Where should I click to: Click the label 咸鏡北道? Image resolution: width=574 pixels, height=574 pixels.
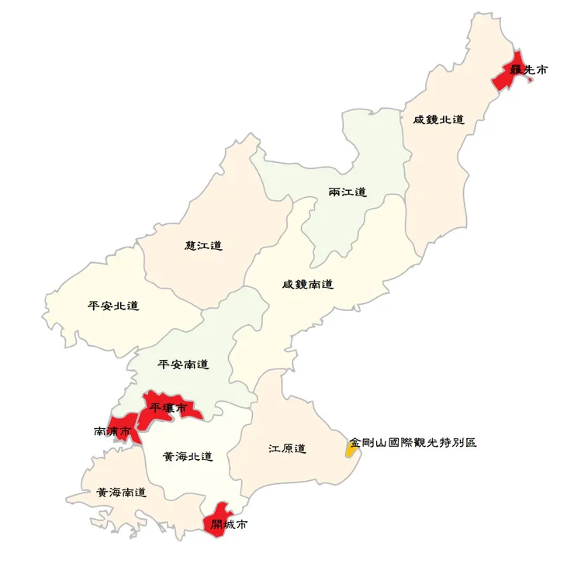(x=438, y=119)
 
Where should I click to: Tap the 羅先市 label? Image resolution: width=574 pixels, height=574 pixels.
(x=528, y=70)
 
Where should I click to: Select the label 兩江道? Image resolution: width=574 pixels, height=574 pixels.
(x=348, y=192)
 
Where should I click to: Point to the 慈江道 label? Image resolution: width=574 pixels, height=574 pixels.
(x=203, y=245)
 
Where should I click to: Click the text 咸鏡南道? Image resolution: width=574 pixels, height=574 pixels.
(x=307, y=285)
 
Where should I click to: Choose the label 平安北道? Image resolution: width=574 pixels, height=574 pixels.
(x=113, y=306)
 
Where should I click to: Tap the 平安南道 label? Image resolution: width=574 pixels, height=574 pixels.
(x=183, y=364)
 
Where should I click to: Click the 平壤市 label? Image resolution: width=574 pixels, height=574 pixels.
(x=168, y=407)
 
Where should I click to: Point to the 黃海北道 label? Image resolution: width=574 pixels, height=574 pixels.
(x=188, y=456)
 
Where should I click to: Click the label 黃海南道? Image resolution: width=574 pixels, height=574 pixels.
(x=121, y=492)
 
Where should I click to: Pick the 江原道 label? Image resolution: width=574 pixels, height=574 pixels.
(x=287, y=449)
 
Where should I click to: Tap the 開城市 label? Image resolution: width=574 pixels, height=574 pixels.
(x=230, y=525)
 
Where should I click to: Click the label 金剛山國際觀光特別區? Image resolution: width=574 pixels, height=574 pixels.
(x=413, y=443)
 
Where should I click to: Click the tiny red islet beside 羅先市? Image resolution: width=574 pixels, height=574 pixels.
(x=530, y=80)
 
